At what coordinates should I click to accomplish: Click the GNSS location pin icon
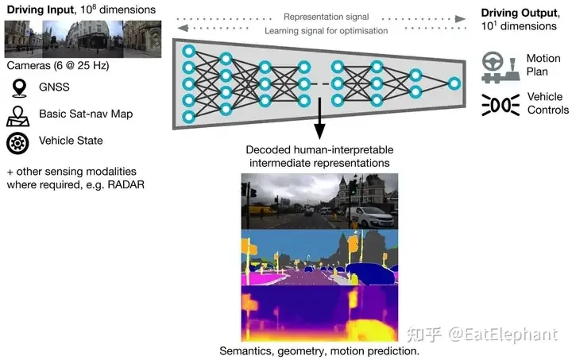(x=17, y=87)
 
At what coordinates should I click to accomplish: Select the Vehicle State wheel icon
(x=17, y=142)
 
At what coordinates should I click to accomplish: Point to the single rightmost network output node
(x=454, y=83)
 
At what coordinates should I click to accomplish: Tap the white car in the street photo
(x=373, y=215)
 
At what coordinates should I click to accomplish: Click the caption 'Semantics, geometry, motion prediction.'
(x=320, y=350)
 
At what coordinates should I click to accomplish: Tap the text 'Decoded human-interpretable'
(x=319, y=149)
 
